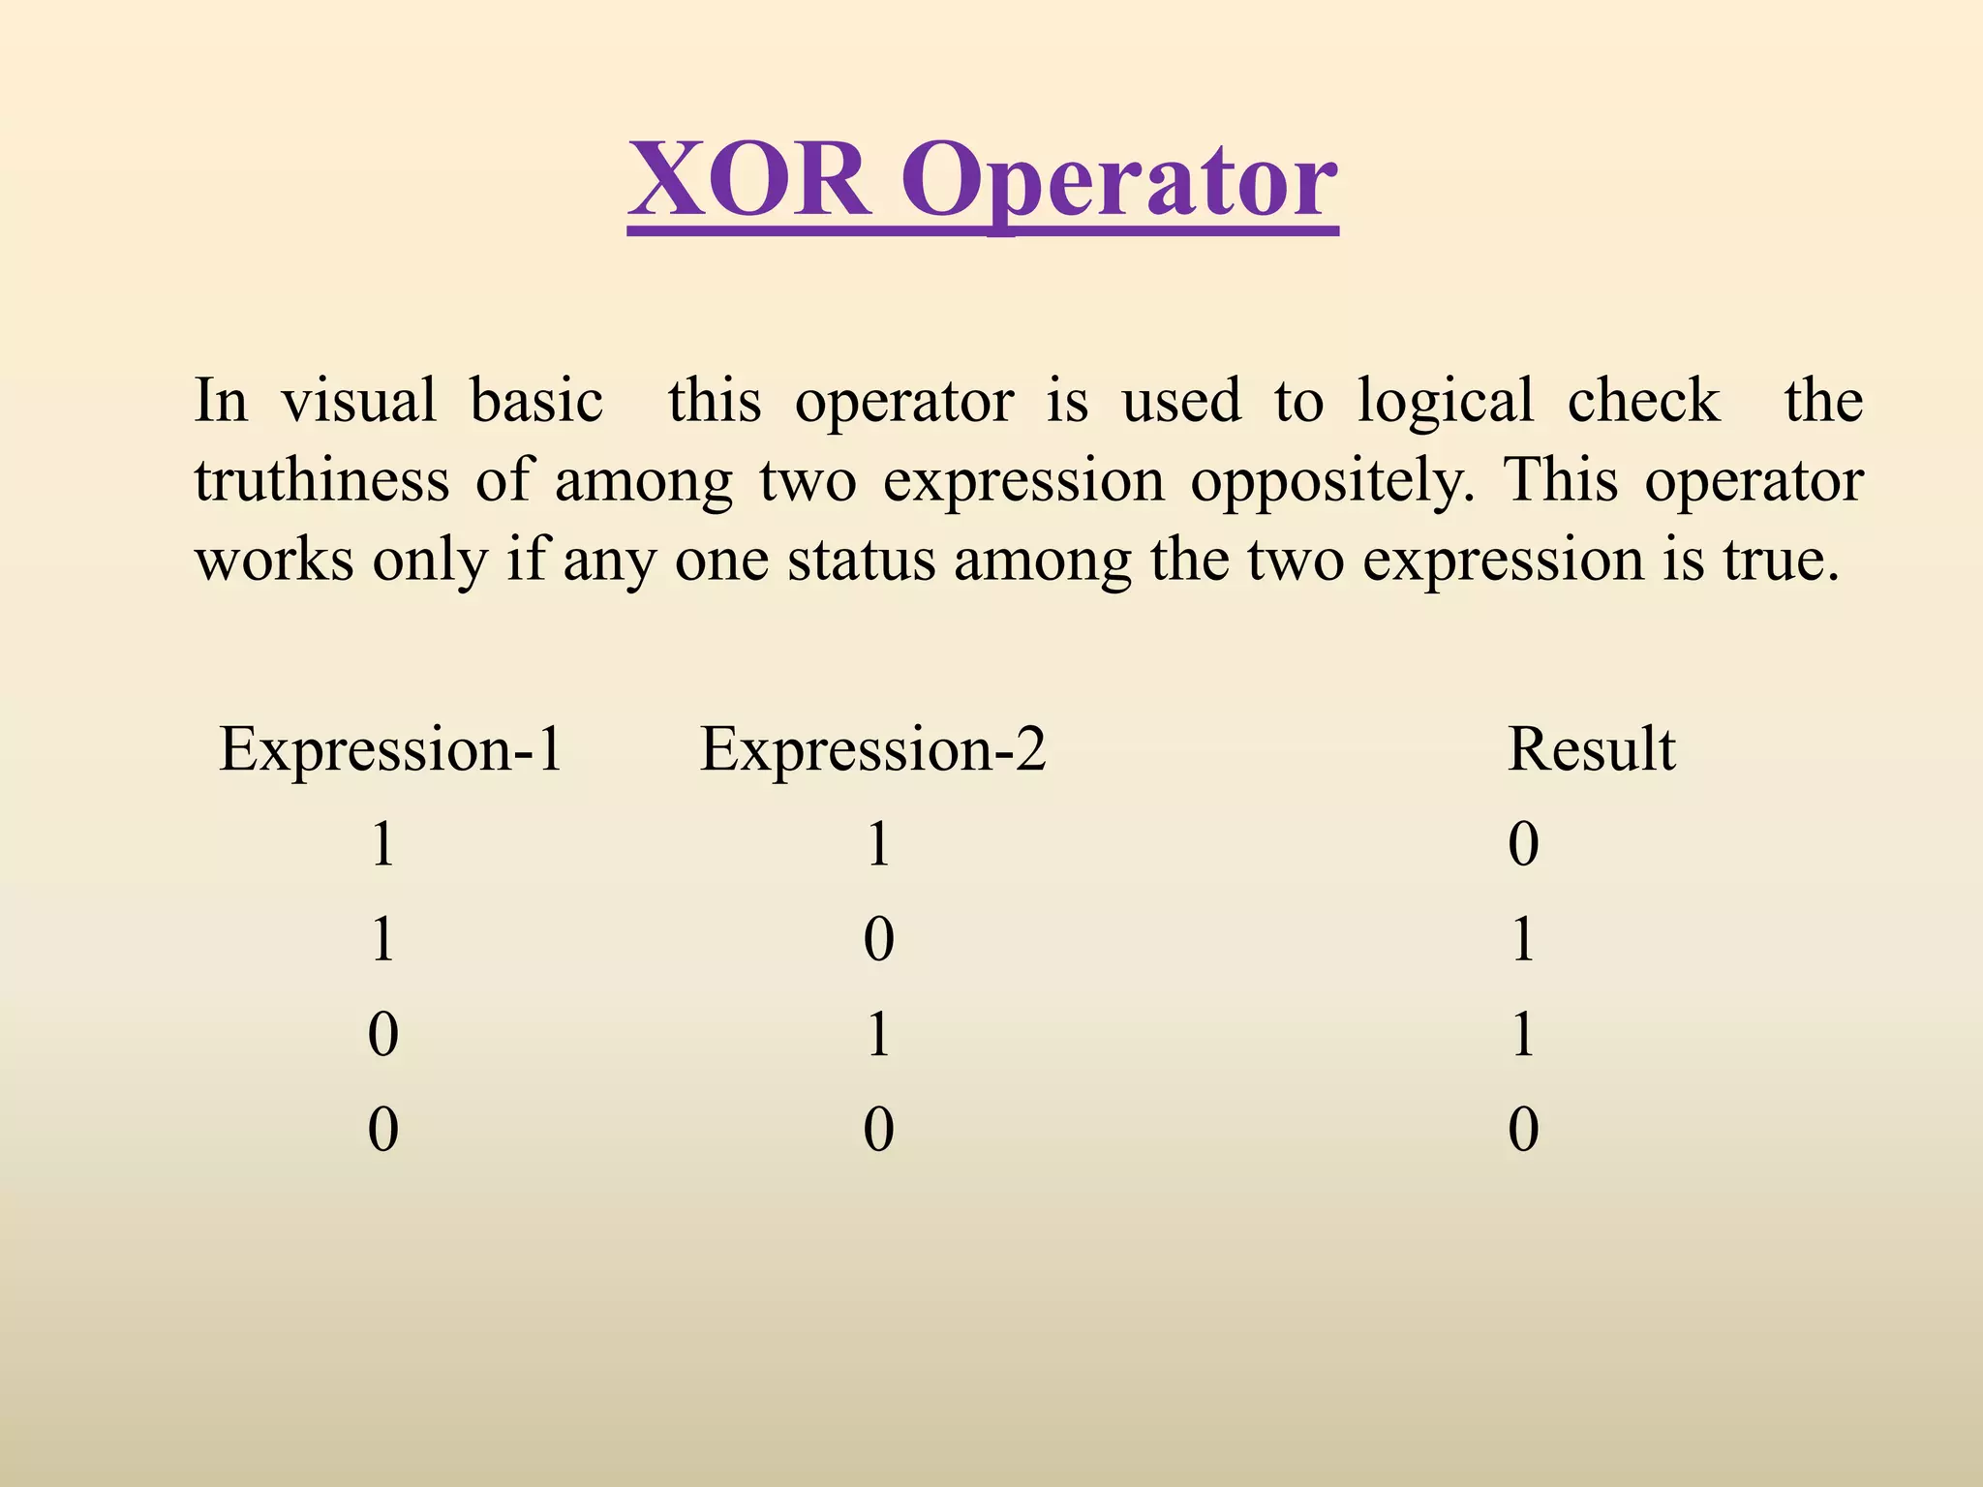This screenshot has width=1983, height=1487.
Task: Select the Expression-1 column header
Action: tap(390, 749)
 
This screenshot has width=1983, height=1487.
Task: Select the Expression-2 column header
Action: tap(872, 749)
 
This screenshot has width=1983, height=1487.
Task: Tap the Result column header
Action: tap(1591, 749)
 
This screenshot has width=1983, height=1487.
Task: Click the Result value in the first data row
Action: tap(1523, 844)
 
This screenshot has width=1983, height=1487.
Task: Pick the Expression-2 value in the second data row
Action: tap(878, 939)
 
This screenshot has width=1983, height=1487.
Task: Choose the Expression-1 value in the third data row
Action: tap(383, 1034)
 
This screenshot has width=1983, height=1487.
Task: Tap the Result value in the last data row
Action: tap(1523, 1129)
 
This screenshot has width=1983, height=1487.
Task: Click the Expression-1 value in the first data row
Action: tap(383, 844)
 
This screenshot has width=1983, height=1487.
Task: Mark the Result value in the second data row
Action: tap(1523, 939)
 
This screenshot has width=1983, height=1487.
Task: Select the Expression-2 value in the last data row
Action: tap(878, 1129)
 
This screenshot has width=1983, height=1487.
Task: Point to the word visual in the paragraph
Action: tap(358, 401)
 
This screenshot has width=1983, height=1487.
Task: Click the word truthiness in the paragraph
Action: tap(321, 480)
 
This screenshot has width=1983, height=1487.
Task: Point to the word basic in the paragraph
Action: tap(536, 401)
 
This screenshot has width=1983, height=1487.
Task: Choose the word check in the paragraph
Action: tap(1643, 401)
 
